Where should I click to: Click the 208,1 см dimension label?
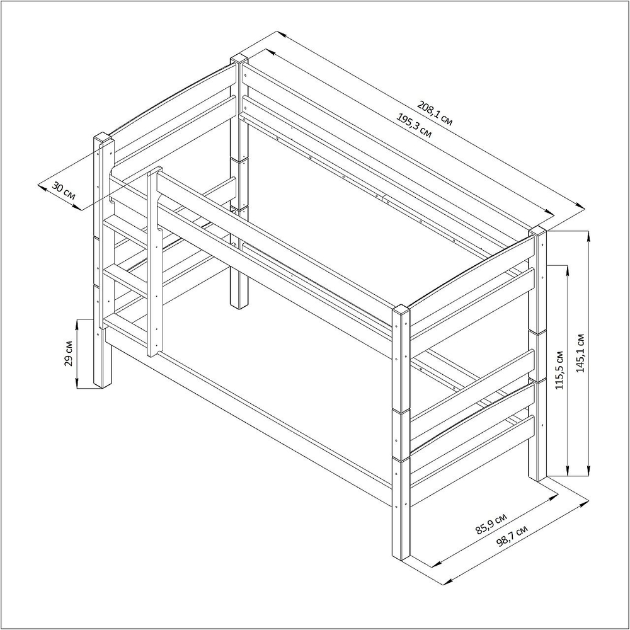(435, 113)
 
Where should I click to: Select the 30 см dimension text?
(64, 193)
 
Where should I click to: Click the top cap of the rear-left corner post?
(239, 59)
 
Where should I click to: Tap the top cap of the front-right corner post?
(401, 311)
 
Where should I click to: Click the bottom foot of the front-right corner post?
(401, 556)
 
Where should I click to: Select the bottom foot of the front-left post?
(103, 385)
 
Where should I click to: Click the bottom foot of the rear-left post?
(239, 306)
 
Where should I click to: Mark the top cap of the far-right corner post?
(537, 231)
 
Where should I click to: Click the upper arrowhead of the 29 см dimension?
(77, 325)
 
